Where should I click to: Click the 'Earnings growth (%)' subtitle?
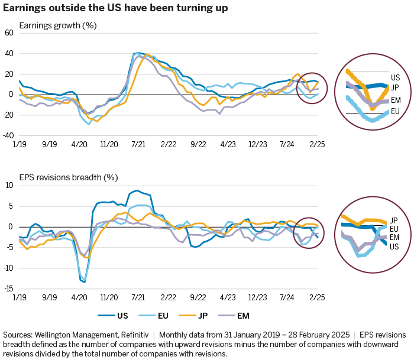[58, 25]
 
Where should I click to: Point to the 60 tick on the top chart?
[9, 33]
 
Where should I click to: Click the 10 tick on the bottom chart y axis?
[9, 186]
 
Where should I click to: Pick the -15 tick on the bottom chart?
[8, 288]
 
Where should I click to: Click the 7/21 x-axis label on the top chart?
[138, 144]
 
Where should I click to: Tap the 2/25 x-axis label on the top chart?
[317, 144]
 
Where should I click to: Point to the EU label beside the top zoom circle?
[395, 111]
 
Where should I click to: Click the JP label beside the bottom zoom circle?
[393, 220]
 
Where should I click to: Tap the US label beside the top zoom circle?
[395, 77]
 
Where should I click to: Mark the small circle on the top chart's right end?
[309, 89]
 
